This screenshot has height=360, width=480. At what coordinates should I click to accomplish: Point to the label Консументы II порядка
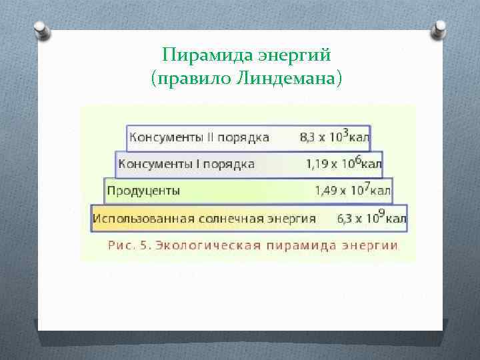click(199, 138)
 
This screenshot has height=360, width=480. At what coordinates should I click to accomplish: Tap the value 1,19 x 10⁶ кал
click(344, 163)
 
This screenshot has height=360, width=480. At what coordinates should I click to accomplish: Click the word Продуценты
click(144, 191)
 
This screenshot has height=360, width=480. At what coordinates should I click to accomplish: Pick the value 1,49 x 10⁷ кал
click(353, 191)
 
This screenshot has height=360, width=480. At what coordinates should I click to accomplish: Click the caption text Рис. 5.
click(131, 245)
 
